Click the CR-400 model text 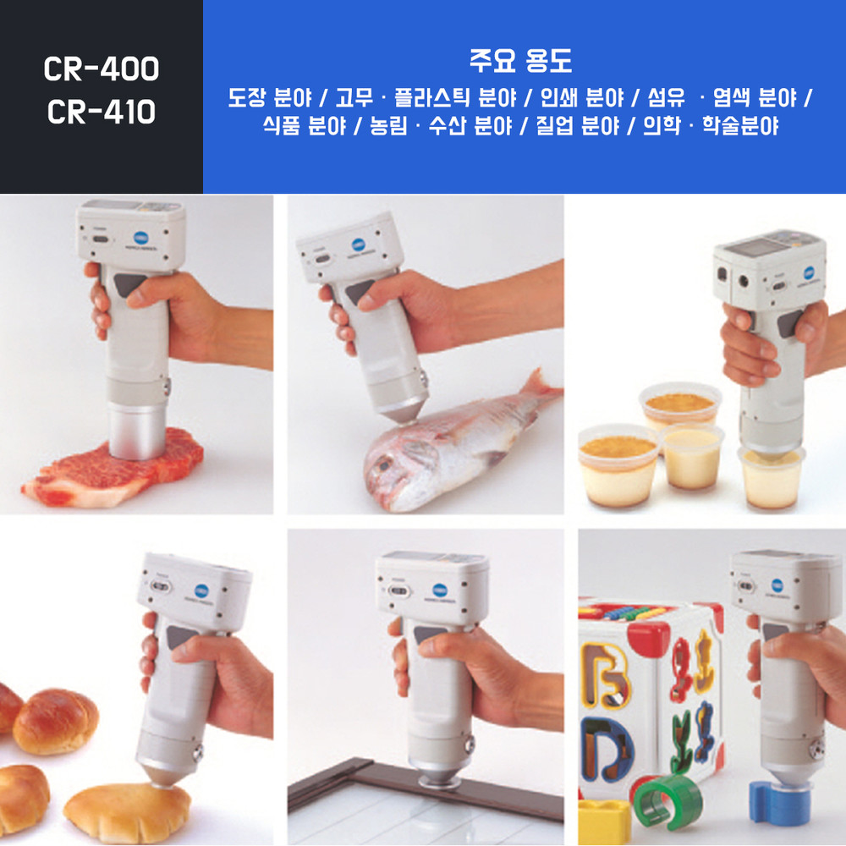tap(102, 69)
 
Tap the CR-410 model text tap(102, 112)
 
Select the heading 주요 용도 tap(520, 60)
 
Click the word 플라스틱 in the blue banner tap(430, 97)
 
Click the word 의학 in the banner tap(662, 126)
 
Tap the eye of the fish tap(384, 464)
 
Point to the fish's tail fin tap(541, 387)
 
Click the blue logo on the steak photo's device tap(141, 238)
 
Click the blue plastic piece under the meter tap(779, 802)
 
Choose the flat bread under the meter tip tap(128, 812)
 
